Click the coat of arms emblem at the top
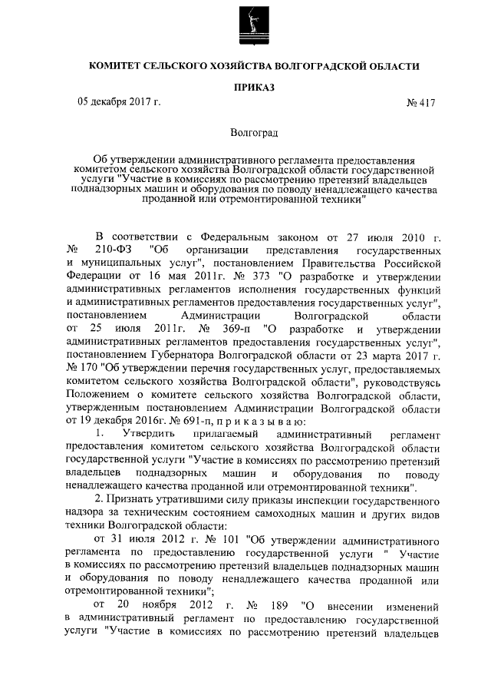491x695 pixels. pyautogui.click(x=245, y=23)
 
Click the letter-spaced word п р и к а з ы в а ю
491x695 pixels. pyautogui.click(x=259, y=421)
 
